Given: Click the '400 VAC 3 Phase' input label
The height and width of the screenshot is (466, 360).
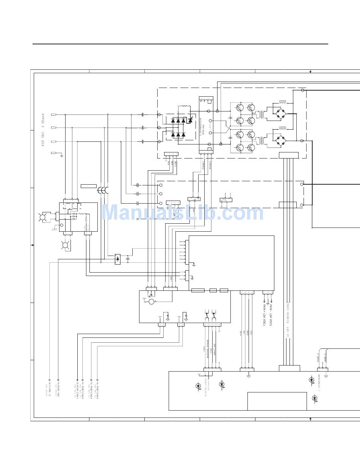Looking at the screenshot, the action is (x=43, y=129).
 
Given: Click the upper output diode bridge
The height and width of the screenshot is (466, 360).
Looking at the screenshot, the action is (x=281, y=113).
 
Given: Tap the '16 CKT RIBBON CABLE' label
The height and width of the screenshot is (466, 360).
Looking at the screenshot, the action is (x=288, y=320).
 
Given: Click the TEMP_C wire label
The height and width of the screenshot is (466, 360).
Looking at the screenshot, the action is (x=318, y=358).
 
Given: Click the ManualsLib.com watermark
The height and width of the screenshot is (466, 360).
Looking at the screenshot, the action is (x=182, y=212).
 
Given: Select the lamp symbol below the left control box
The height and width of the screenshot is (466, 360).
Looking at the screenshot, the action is (x=65, y=245).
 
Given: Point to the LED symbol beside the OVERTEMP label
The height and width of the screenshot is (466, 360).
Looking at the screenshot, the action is (x=311, y=380).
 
